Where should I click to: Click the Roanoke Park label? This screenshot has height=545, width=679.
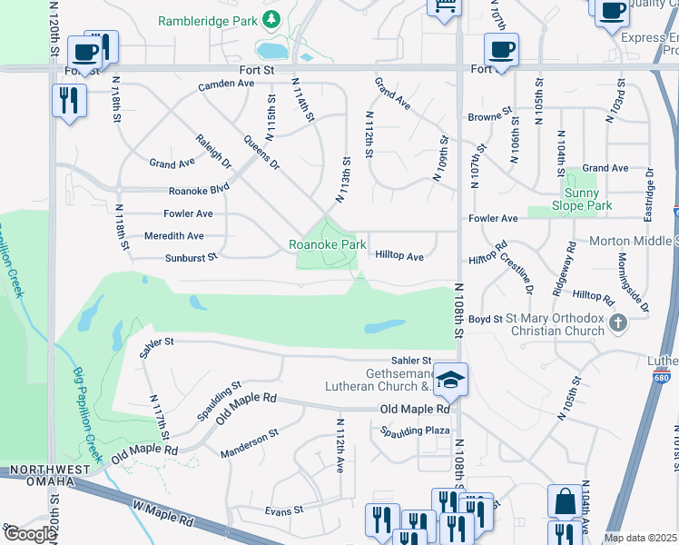pos(328,244)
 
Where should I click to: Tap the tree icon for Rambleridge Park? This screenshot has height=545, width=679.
pos(271,19)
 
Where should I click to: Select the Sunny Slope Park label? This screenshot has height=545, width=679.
pos(581,199)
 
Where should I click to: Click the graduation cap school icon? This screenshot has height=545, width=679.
pos(450,379)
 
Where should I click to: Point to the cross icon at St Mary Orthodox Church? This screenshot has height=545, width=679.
pos(618,322)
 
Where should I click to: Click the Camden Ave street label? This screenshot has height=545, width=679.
pos(226,84)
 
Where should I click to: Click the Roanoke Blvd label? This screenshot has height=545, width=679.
pos(199,191)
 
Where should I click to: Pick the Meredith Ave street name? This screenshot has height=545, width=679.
pos(173,235)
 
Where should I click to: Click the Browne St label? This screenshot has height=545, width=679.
pos(490,117)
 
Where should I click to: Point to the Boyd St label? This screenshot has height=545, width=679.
pos(486,319)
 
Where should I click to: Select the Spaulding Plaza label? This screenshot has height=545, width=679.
pos(416,431)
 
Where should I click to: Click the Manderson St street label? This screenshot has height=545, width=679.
pos(249,445)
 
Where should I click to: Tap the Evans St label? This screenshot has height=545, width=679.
pos(284,510)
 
